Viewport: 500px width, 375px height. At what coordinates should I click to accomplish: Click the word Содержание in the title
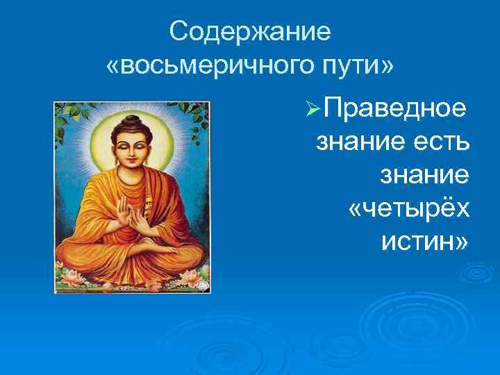point(251,31)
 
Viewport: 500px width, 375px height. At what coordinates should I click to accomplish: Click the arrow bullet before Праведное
point(313,110)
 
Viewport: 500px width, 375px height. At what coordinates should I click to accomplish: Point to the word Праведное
point(397,110)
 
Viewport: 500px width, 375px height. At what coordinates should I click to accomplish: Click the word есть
point(440,142)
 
